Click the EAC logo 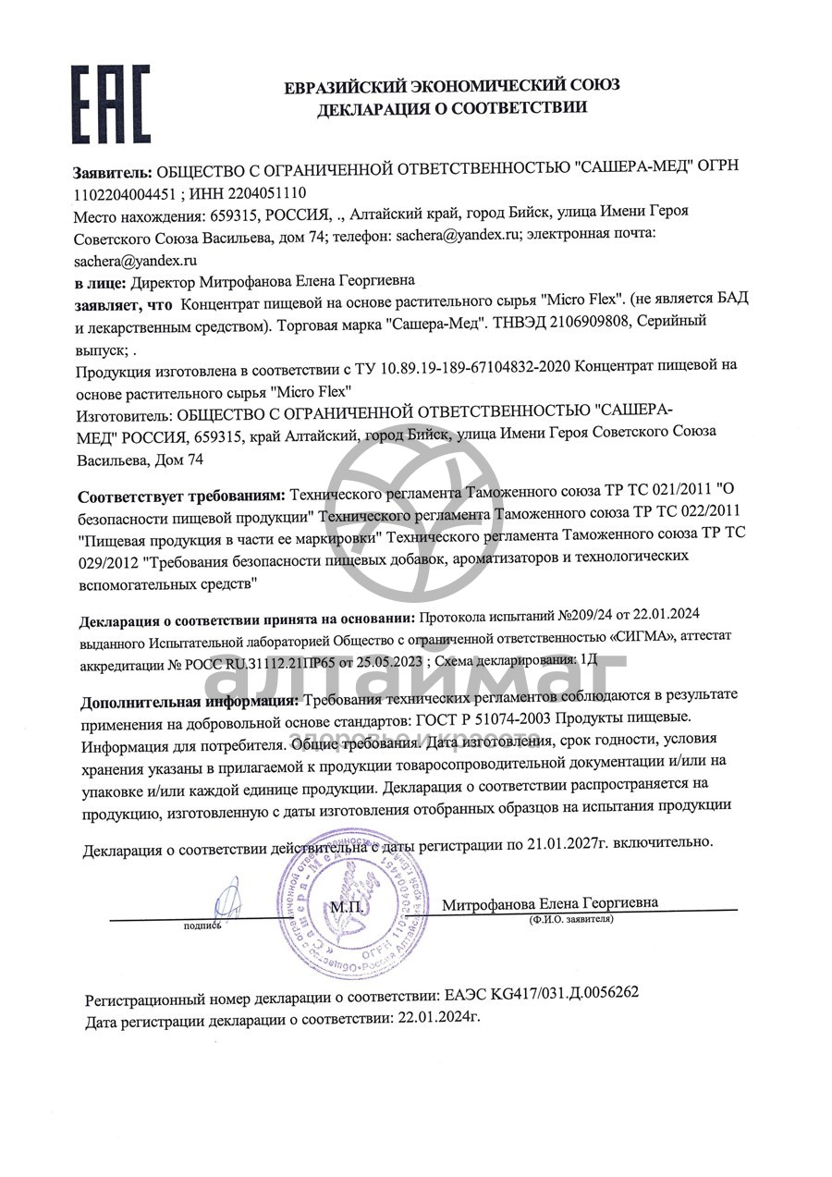tap(111, 102)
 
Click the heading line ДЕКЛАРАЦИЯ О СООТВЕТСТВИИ tap(451, 109)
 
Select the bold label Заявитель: tap(111, 172)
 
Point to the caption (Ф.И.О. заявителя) tap(570, 920)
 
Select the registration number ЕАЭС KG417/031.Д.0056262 tap(538, 994)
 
